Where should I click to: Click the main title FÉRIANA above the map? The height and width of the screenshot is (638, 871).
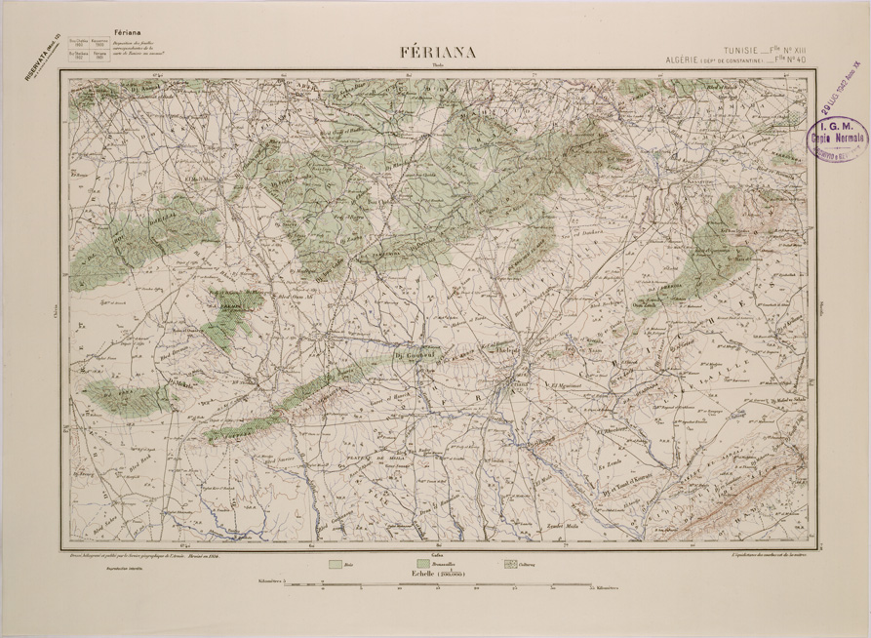[x=437, y=53]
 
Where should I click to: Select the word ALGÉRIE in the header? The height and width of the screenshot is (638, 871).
[x=688, y=60]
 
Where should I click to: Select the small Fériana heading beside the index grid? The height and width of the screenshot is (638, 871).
[x=129, y=32]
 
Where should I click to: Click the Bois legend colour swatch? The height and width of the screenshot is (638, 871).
[x=335, y=564]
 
